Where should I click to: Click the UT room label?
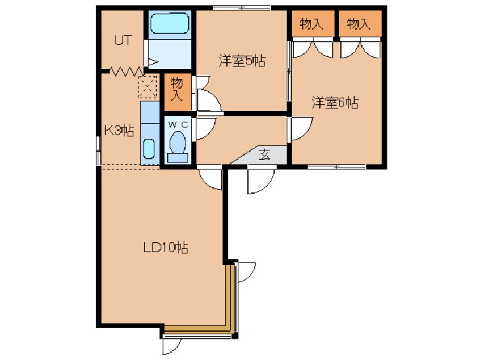(123, 40)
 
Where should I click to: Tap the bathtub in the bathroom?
(170, 23)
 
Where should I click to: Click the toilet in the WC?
(178, 146)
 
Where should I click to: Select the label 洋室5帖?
(242, 61)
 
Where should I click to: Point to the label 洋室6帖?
(335, 103)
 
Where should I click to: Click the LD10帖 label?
(166, 247)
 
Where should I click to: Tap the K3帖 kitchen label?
(119, 131)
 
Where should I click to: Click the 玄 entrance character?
(264, 154)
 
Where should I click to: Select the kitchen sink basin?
(149, 149)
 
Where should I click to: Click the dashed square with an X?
(148, 86)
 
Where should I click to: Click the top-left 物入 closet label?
(312, 24)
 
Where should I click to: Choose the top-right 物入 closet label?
(359, 24)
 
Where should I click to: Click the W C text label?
(178, 124)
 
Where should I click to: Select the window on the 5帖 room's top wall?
(242, 8)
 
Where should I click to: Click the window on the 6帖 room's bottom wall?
(336, 167)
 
